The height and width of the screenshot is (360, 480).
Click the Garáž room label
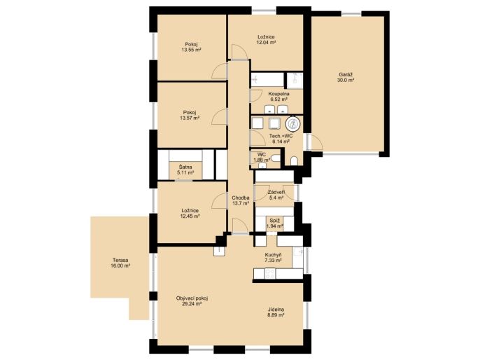(x=346, y=74)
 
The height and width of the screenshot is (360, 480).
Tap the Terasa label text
(x=120, y=260)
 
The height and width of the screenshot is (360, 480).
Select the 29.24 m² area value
(x=192, y=304)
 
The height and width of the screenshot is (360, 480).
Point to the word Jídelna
(x=275, y=310)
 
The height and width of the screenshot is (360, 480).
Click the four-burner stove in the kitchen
(x=270, y=273)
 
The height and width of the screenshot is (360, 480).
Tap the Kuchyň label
(x=274, y=255)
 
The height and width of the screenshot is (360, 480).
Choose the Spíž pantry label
(x=274, y=221)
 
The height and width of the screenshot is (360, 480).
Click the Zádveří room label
(x=276, y=192)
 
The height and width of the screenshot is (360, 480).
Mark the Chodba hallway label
(x=240, y=198)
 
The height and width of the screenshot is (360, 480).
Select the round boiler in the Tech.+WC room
(x=294, y=124)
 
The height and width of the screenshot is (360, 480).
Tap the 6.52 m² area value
(x=278, y=99)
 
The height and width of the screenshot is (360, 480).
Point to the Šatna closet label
(x=185, y=167)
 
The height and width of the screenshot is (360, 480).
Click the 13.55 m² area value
(x=191, y=49)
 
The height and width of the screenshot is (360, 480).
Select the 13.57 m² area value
(x=190, y=118)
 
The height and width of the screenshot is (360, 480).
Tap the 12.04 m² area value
(x=266, y=43)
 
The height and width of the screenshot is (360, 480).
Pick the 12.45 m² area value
(x=190, y=216)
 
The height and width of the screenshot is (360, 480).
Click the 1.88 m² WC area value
(x=262, y=160)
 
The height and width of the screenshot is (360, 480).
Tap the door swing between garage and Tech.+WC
(x=317, y=142)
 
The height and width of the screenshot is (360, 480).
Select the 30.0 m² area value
(x=346, y=80)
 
